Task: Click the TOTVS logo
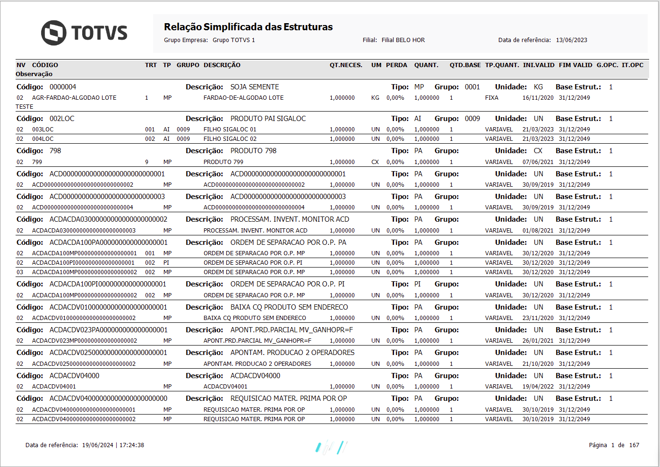[84, 33]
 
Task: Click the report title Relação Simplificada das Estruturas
[248, 27]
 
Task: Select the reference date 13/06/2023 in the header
[571, 40]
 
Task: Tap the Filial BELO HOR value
[403, 40]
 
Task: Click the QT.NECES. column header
[346, 65]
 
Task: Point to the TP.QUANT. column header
[502, 65]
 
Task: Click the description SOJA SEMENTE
[255, 87]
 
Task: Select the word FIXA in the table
[491, 98]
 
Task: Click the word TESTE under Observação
[25, 107]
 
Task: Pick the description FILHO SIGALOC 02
[230, 139]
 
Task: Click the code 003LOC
[43, 130]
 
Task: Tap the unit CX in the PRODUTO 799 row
[375, 162]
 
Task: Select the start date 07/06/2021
[538, 162]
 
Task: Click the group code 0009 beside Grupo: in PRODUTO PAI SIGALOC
[472, 119]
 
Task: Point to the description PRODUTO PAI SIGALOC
[268, 119]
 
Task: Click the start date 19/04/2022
[538, 387]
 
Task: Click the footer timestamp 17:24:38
[132, 445]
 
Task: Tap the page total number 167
[634, 445]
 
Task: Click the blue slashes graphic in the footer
[331, 447]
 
